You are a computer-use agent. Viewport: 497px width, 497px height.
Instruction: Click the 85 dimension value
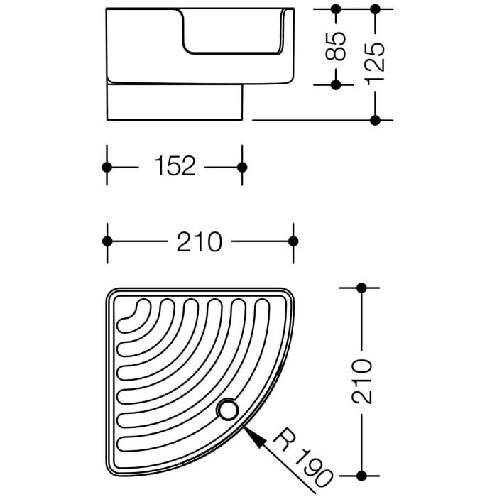click(339, 46)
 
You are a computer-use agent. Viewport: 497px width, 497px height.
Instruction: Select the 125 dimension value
click(376, 65)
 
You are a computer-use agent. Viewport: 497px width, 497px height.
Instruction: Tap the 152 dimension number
click(175, 167)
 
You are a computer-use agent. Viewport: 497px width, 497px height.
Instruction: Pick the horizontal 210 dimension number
click(200, 241)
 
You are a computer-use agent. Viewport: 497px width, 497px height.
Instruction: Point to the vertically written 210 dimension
click(362, 381)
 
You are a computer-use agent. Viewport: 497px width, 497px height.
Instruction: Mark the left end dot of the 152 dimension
click(107, 167)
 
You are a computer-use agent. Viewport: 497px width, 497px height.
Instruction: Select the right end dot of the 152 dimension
click(242, 167)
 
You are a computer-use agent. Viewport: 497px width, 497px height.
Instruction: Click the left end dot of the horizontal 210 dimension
click(107, 241)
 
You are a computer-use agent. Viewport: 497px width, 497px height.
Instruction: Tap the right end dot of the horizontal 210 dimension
click(293, 241)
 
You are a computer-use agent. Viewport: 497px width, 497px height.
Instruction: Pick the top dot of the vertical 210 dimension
click(362, 288)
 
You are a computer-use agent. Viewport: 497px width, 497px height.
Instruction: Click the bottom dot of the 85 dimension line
click(337, 84)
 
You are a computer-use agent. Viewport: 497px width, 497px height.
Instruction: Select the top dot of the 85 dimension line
click(337, 10)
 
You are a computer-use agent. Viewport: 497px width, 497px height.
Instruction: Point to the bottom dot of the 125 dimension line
click(376, 120)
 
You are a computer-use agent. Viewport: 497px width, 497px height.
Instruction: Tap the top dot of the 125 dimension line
click(376, 10)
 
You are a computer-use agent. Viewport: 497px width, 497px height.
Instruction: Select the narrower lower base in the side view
click(174, 102)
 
